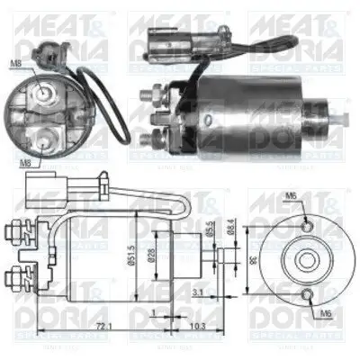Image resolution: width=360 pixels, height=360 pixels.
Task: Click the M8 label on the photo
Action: (14, 63)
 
